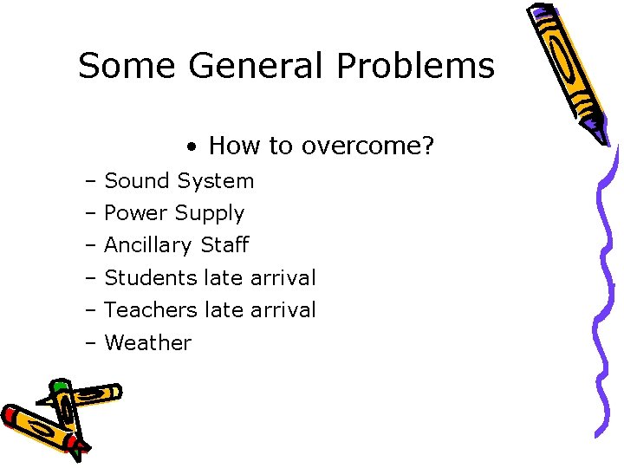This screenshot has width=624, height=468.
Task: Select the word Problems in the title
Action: [x=415, y=66]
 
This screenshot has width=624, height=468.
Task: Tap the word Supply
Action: [x=210, y=214]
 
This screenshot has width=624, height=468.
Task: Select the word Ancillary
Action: [x=149, y=245]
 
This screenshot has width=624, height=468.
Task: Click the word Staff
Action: [x=224, y=245]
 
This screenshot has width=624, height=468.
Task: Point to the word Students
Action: [x=151, y=278]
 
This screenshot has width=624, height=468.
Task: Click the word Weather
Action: [x=147, y=343]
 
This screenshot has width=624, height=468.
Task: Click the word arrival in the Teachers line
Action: [x=283, y=310]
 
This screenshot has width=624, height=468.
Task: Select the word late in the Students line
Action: [x=224, y=278]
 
